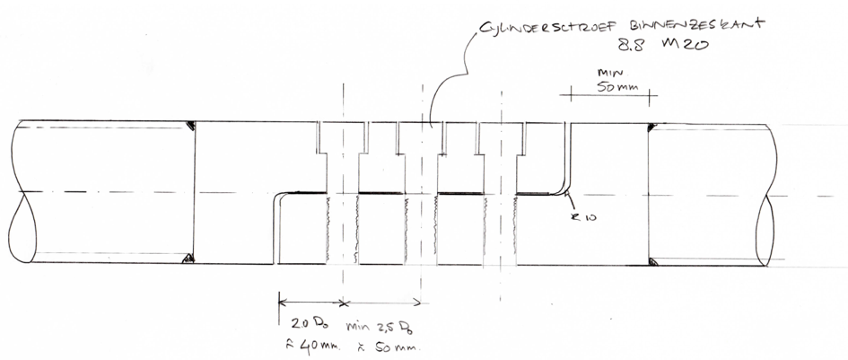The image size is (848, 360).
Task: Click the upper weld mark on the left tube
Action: (x=191, y=125)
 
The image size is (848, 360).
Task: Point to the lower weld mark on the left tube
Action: (x=189, y=260)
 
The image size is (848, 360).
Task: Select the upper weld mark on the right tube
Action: (x=653, y=127)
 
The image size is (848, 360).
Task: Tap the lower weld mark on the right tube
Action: (x=653, y=264)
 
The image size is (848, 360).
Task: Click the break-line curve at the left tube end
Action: (x=20, y=224)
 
